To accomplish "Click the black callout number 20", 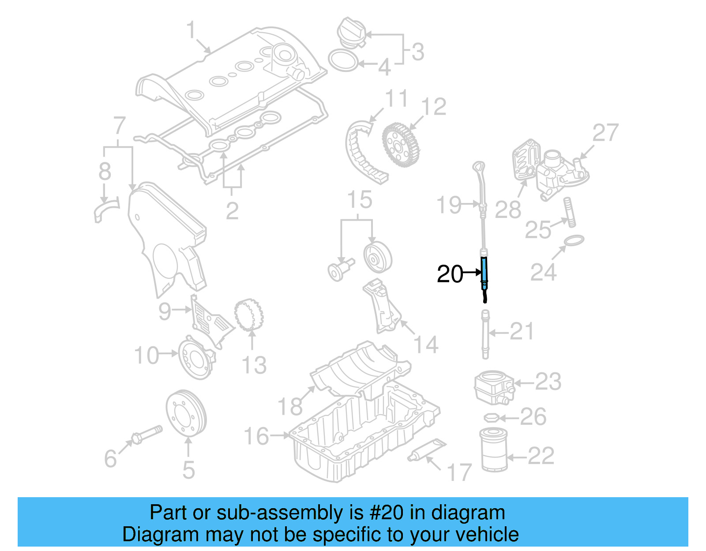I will [450, 274].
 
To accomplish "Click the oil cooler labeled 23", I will [493, 387].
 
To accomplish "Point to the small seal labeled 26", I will [491, 417].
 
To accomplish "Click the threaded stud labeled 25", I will [569, 212].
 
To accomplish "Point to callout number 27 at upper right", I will [605, 132].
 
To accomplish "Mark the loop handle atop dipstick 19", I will [479, 167].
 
